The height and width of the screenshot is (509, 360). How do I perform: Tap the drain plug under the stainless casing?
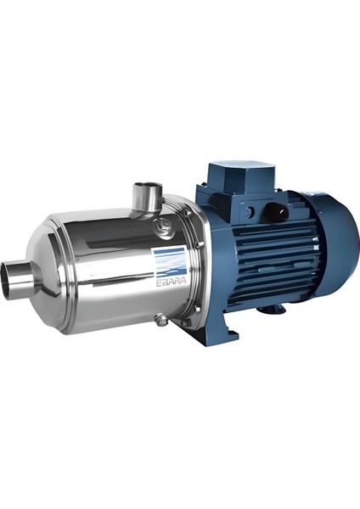(x=161, y=319)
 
